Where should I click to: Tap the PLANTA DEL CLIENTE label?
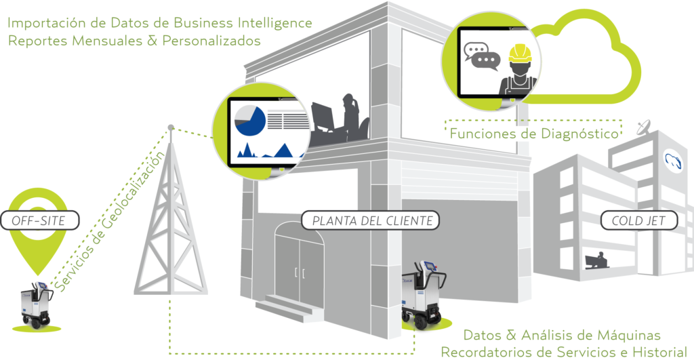pyautogui.click(x=371, y=220)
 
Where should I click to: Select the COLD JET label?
pyautogui.click(x=640, y=220)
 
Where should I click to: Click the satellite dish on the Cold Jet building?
pyautogui.click(x=644, y=126)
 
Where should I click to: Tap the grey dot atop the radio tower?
pyautogui.click(x=171, y=127)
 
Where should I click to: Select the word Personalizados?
pyautogui.click(x=218, y=40)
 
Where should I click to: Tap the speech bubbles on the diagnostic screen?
pyautogui.click(x=481, y=55)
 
